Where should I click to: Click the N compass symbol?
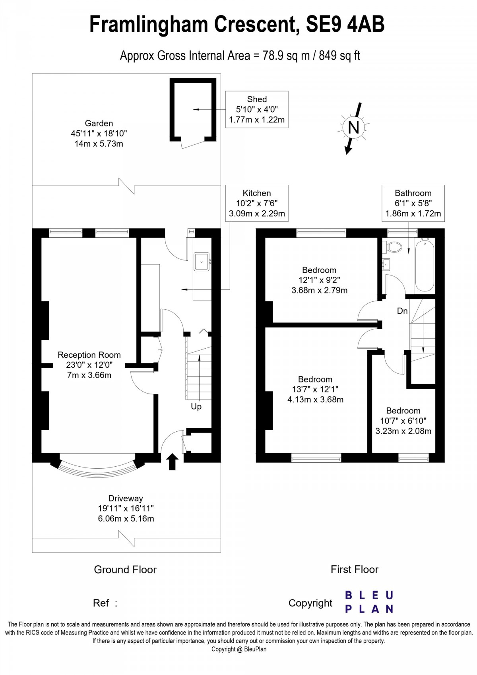pyautogui.click(x=353, y=128)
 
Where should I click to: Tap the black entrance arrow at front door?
pyautogui.click(x=172, y=462)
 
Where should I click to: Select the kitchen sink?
pyautogui.click(x=202, y=262)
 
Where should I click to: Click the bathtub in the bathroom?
pyautogui.click(x=425, y=265)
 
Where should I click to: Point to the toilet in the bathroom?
pyautogui.click(x=393, y=247)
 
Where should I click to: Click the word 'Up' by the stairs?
pyautogui.click(x=196, y=407)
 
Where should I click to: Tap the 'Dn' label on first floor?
pyautogui.click(x=402, y=311)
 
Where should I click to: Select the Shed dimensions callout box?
pyautogui.click(x=257, y=109)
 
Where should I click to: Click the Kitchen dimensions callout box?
pyautogui.click(x=257, y=203)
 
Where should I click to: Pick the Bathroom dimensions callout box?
pyautogui.click(x=413, y=203)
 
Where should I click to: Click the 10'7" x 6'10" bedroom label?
pyautogui.click(x=403, y=421)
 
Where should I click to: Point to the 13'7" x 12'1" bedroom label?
pyautogui.click(x=315, y=389)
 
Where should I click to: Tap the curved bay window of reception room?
pyautogui.click(x=97, y=471)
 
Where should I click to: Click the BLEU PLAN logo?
pyautogui.click(x=369, y=602)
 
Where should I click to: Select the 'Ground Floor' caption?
pyautogui.click(x=125, y=570)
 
